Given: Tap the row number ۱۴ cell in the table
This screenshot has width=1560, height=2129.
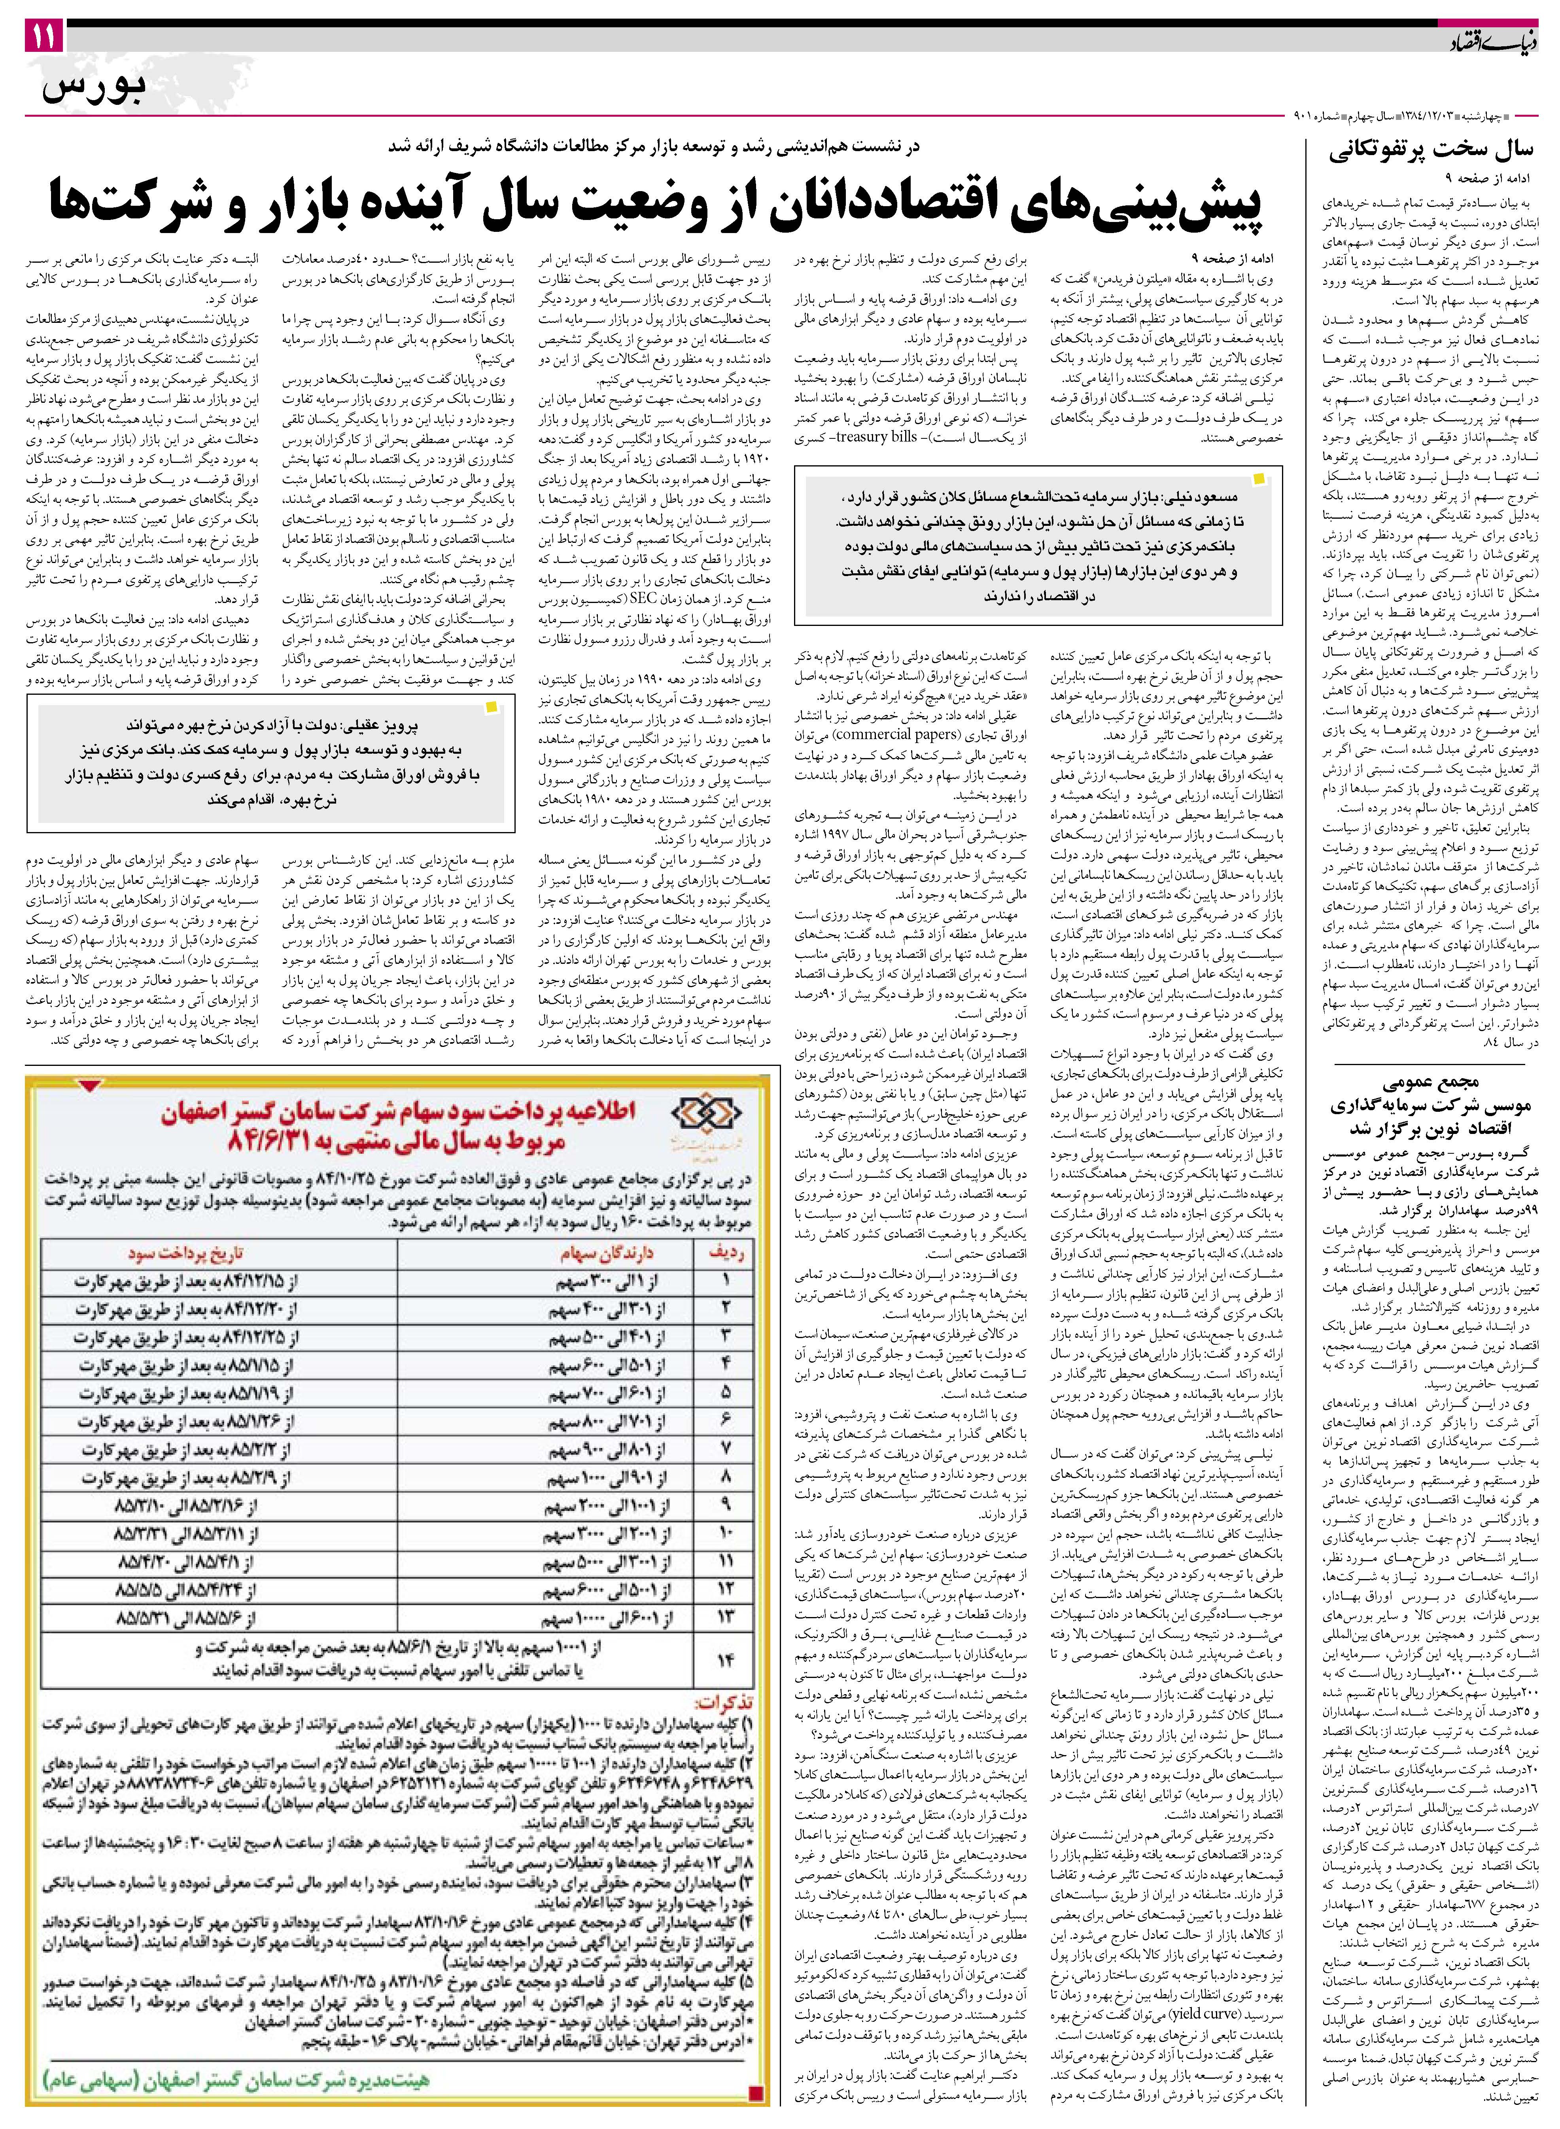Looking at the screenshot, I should click(725, 1660).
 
